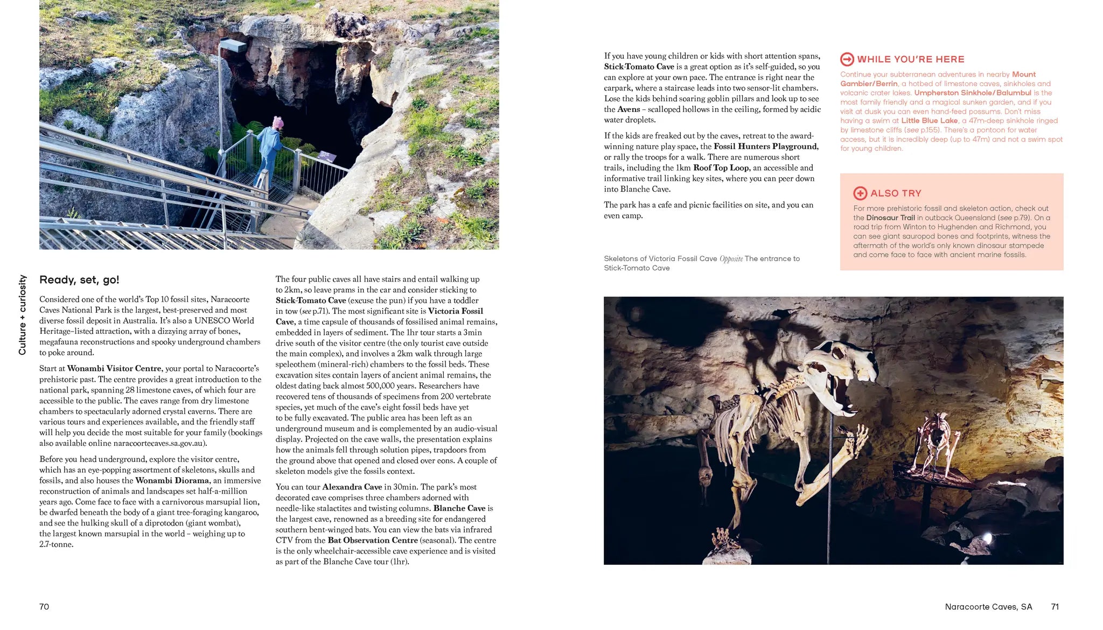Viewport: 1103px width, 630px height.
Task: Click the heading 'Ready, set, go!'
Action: pos(79,280)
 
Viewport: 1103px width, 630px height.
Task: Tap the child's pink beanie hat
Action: pos(278,122)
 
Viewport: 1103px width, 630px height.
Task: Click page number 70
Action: pos(44,607)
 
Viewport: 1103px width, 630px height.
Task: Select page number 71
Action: pos(1055,607)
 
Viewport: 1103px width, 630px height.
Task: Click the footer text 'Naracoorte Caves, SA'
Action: pos(988,607)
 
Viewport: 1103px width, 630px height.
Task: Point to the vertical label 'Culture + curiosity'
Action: pos(22,315)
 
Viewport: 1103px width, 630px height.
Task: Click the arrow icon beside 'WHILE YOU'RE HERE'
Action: pos(847,59)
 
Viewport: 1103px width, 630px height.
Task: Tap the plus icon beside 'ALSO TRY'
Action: pos(860,193)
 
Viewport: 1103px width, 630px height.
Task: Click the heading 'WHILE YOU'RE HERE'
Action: pos(910,59)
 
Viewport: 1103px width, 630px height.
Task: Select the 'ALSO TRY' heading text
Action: pos(896,193)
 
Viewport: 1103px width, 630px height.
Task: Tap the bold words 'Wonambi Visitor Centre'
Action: pos(114,369)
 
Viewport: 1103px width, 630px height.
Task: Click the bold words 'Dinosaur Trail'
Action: pos(890,218)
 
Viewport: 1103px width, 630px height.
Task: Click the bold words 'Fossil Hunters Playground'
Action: pos(765,146)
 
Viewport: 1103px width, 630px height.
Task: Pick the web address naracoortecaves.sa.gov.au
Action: pos(159,443)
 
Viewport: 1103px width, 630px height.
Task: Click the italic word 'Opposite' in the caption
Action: pos(731,259)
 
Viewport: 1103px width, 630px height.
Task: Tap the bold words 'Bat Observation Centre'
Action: pos(373,540)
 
